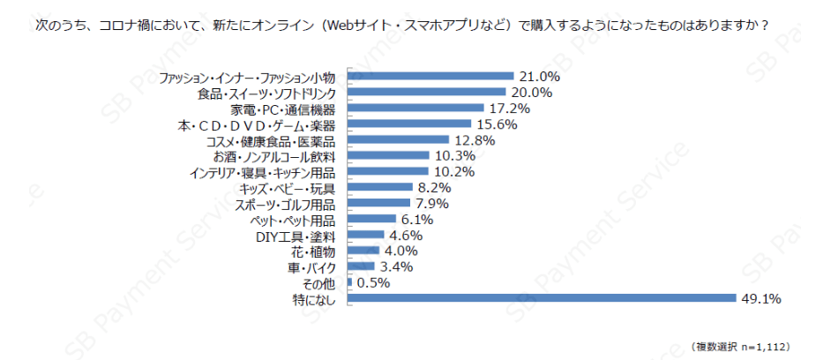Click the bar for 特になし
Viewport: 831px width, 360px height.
tap(542, 298)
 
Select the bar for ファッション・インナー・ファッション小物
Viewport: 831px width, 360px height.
tap(430, 76)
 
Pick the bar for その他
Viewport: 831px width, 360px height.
tap(350, 282)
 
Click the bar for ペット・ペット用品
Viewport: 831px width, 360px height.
tap(371, 219)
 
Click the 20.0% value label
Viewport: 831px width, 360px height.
tap(531, 92)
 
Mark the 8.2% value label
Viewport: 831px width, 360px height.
tap(433, 187)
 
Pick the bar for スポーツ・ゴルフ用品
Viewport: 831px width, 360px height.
tap(380, 203)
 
